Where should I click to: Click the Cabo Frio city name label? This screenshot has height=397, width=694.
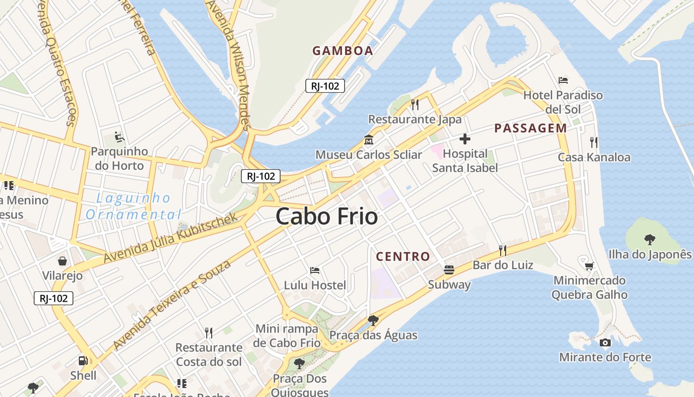point(326,217)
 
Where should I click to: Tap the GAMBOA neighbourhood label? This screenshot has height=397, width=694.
point(343,51)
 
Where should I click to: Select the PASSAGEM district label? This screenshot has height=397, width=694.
point(530,128)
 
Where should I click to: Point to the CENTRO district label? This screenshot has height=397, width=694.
point(403,257)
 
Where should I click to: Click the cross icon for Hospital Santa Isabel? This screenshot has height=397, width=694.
point(465,139)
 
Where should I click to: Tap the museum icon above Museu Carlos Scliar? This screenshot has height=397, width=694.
point(369,139)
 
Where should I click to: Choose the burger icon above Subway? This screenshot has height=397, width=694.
point(449,270)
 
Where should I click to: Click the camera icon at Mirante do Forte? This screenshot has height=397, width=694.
point(605,342)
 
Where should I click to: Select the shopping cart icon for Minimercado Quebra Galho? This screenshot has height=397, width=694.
point(589,266)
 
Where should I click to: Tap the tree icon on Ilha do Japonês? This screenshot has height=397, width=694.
point(649,240)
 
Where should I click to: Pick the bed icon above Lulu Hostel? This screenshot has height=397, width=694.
point(315,270)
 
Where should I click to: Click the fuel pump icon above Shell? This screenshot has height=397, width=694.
point(83,361)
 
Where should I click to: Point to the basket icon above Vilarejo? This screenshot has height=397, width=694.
point(62,261)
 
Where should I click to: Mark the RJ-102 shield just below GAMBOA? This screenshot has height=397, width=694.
point(325,86)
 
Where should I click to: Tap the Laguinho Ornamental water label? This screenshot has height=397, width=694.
point(133,206)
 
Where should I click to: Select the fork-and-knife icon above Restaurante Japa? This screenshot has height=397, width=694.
point(415,105)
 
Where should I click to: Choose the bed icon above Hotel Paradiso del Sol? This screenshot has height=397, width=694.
point(563,80)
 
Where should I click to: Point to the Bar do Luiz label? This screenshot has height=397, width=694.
point(503,265)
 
